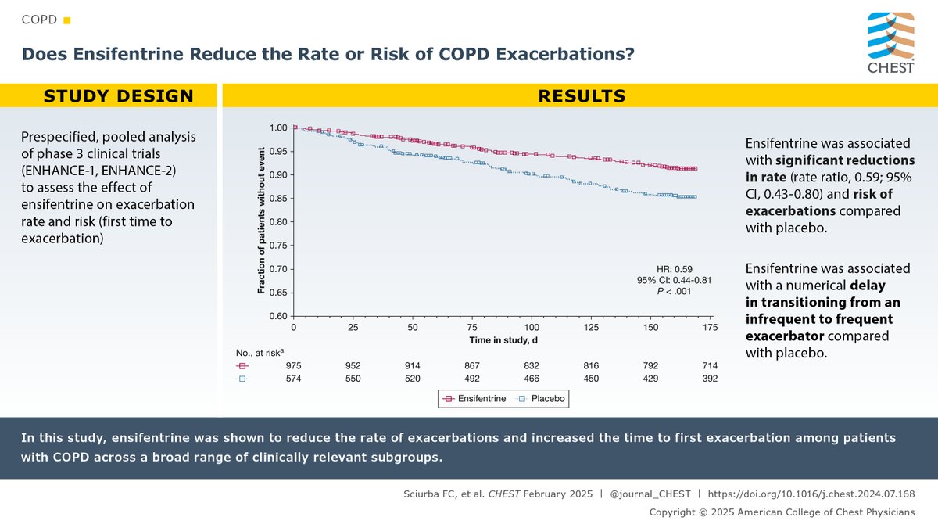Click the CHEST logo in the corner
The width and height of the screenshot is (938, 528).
(891, 42)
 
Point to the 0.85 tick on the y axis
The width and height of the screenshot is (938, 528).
(278, 198)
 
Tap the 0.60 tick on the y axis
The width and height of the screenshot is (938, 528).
(278, 316)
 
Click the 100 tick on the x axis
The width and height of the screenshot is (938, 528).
(532, 327)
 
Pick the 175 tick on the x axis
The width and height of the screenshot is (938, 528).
(710, 327)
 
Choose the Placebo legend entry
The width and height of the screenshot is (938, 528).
(541, 398)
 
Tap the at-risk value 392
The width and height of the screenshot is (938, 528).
(709, 379)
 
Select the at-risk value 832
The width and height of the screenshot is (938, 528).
(532, 365)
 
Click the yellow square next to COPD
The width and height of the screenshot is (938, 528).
(66, 19)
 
